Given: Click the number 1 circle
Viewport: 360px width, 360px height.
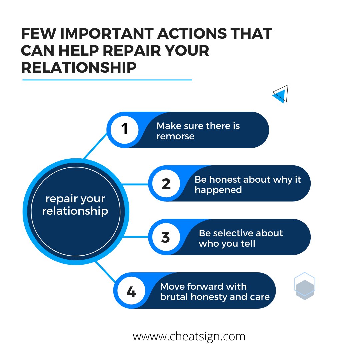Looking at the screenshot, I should point(125,129).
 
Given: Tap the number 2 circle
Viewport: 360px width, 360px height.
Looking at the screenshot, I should point(166,183).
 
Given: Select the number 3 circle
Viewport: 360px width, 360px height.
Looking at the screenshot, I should point(166,237).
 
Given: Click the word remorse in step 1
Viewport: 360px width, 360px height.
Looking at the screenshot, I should point(175,136).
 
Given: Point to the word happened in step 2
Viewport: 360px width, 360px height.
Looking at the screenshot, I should point(218,190).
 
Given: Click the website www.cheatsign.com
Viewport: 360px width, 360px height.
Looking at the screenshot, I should point(189,336).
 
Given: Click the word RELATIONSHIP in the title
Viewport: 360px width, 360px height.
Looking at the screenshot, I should point(79,68).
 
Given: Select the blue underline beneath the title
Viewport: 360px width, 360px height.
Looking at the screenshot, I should point(107,80).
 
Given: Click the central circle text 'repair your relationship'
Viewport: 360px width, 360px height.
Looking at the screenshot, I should point(75,205).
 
